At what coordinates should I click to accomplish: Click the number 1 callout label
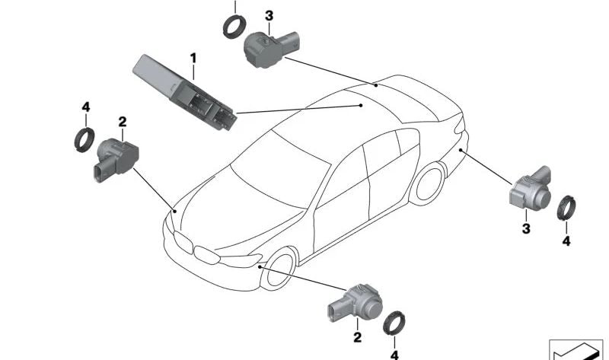click(x=193, y=59)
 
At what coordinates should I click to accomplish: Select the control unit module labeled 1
click(x=184, y=93)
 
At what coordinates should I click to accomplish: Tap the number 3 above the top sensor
click(x=269, y=16)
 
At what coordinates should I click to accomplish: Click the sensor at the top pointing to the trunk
click(x=272, y=49)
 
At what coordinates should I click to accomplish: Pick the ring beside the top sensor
click(x=234, y=26)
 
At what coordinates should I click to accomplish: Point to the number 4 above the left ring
click(x=86, y=107)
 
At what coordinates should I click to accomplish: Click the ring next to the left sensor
click(x=84, y=140)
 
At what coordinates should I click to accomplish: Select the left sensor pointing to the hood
click(x=116, y=159)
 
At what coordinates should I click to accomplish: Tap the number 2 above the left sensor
click(x=123, y=122)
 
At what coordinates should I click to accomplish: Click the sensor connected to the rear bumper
click(x=530, y=189)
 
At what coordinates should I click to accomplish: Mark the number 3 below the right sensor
click(x=526, y=229)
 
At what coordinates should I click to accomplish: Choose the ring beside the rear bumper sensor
click(x=566, y=208)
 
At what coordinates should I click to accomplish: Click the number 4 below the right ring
click(x=566, y=241)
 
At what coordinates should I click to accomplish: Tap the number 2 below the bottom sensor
click(x=357, y=337)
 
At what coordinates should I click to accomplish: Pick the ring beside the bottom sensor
click(x=394, y=323)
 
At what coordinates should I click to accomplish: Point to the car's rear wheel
click(x=428, y=183)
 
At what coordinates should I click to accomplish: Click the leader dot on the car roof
click(x=361, y=105)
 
